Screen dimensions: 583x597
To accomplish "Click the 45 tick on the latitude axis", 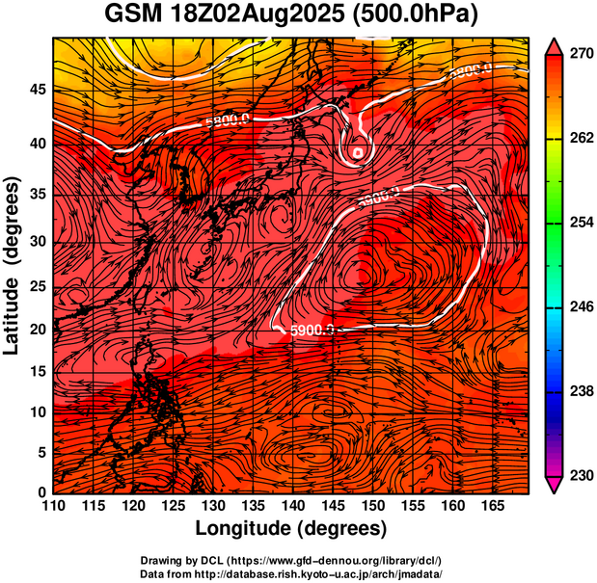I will pyautogui.click(x=36, y=90).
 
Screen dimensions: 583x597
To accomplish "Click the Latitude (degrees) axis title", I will pyautogui.click(x=13, y=265).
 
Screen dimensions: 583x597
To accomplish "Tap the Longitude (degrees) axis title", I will pyautogui.click(x=291, y=529).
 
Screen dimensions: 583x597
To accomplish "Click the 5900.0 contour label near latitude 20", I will pyautogui.click(x=312, y=331).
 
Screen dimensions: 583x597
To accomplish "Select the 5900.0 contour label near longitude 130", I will pyautogui.click(x=228, y=121).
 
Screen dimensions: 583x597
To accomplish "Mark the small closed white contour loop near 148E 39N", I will pyautogui.click(x=358, y=151).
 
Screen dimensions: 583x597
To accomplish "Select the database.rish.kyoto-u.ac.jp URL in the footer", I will pyautogui.click(x=326, y=572).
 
